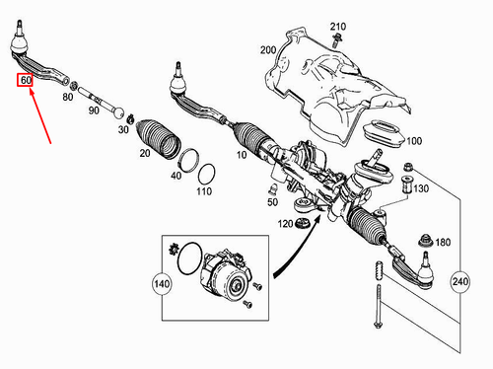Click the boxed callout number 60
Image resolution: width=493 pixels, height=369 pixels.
(x=26, y=78)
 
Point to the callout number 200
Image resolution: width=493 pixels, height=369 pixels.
(x=267, y=49)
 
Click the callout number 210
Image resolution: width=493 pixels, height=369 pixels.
(x=337, y=25)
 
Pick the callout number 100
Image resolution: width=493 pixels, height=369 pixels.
(x=413, y=140)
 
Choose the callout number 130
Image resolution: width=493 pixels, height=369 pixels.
(x=422, y=188)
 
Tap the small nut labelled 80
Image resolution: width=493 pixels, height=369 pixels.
(x=68, y=85)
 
